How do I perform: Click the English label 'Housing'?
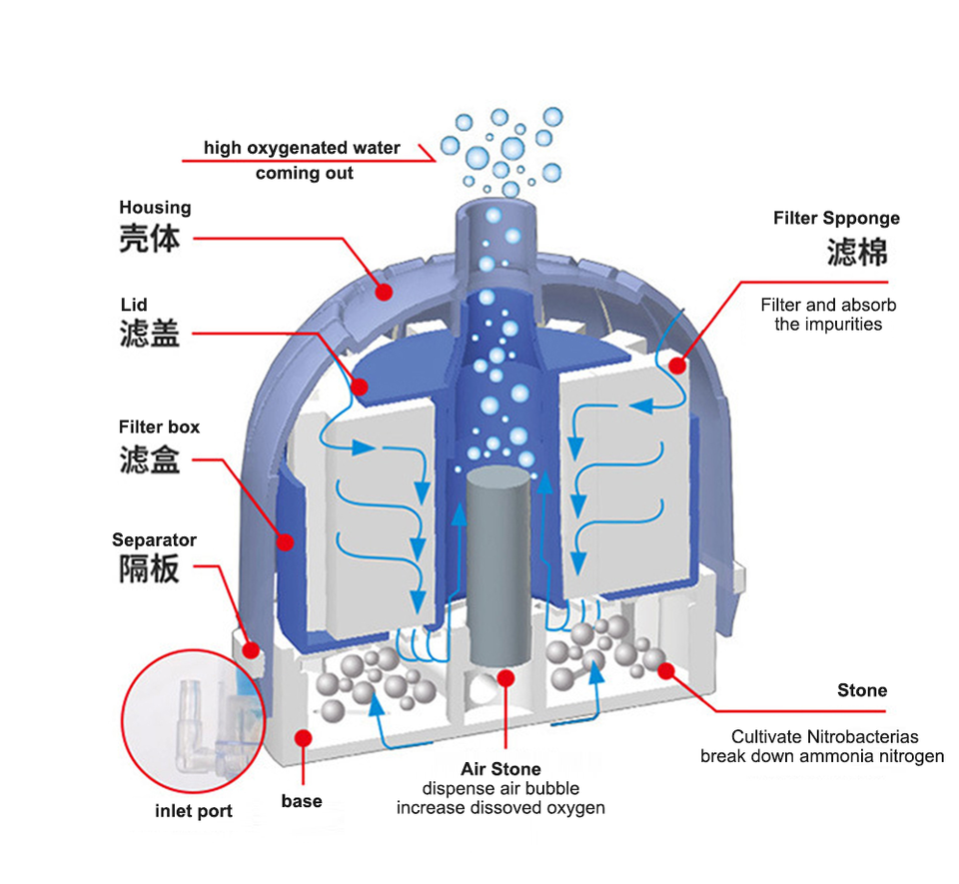coord(155,208)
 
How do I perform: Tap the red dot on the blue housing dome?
coord(383,292)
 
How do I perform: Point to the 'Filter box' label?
coord(159,427)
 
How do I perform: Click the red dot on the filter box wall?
coord(285,541)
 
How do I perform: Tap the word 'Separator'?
coord(154,540)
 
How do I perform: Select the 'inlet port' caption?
coord(194,810)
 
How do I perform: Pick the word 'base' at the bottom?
coord(301,801)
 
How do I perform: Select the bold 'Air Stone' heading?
coord(500,769)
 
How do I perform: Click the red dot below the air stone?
coord(505,678)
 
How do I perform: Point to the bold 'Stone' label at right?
coord(861,690)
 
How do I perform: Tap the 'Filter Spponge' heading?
coord(836,218)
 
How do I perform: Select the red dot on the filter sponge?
coord(677,366)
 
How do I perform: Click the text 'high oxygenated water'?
coord(302,148)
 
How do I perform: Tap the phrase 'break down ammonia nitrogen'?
coord(821,756)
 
